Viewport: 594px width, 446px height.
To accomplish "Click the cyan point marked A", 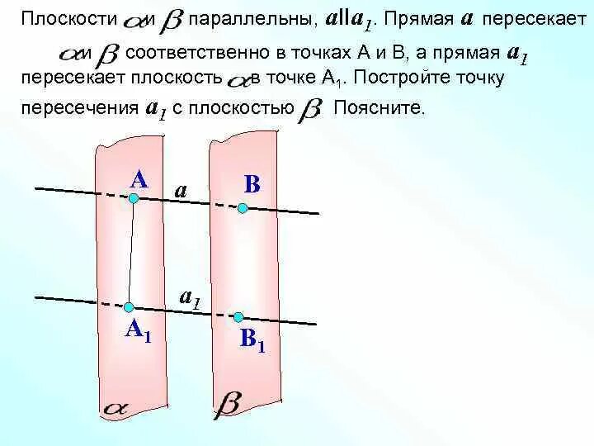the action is tap(133, 197).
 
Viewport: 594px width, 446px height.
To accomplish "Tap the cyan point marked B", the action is tap(243, 208).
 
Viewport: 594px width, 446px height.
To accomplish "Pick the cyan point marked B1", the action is tap(238, 316).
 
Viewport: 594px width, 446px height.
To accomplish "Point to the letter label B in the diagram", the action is tap(252, 185).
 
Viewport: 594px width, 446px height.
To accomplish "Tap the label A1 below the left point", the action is tap(137, 330).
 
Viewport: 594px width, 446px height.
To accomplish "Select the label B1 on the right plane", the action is tap(252, 339).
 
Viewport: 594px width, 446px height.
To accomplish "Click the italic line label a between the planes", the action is tap(181, 191).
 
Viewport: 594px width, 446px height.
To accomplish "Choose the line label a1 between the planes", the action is tap(191, 298).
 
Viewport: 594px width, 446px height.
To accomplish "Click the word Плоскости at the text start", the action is tap(69, 17).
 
